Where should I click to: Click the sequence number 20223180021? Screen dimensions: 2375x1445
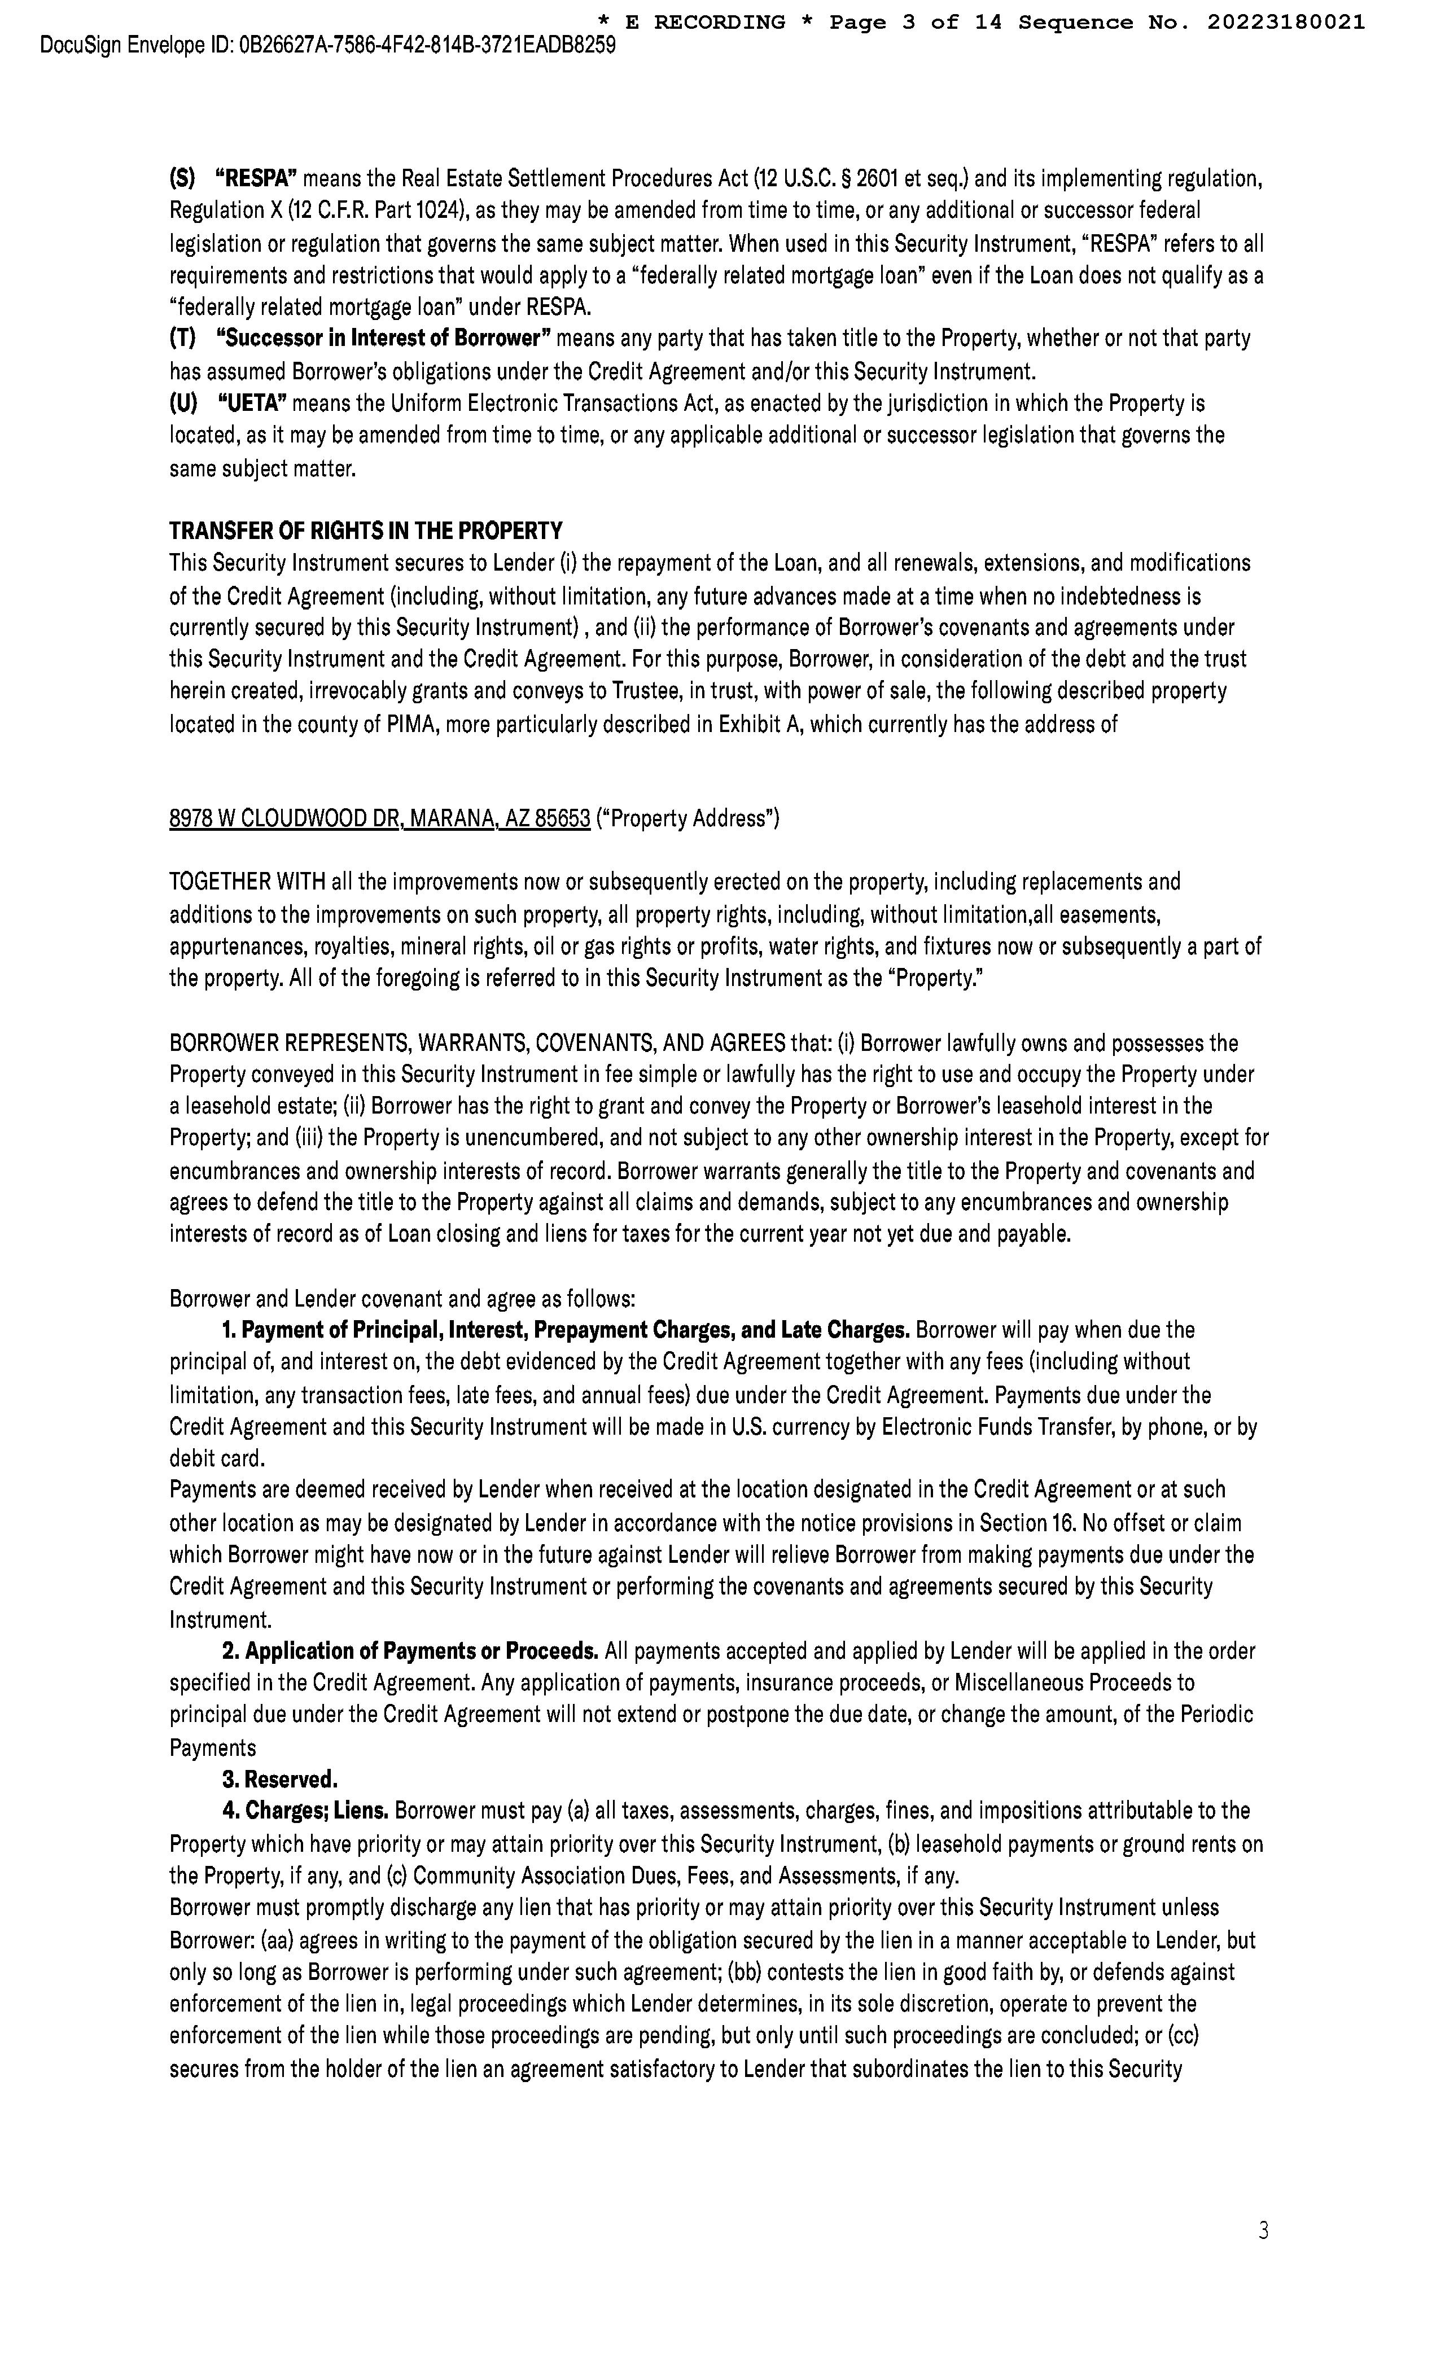point(1286,22)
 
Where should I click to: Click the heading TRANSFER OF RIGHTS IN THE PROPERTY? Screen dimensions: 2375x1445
point(365,531)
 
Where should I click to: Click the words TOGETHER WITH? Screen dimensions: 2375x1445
point(248,882)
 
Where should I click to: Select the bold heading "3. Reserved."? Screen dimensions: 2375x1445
point(279,1778)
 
